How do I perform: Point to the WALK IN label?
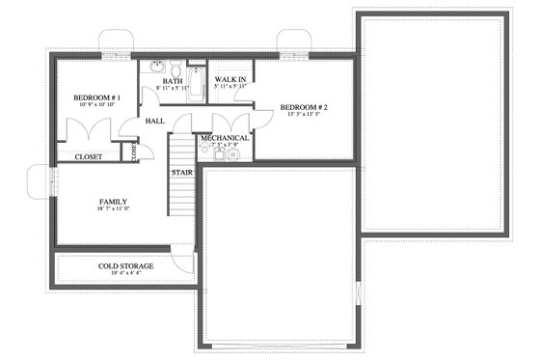pos(229,77)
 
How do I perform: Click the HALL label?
pos(154,122)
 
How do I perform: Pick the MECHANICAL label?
pos(225,138)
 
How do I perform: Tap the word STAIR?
pos(181,173)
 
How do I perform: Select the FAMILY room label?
pos(113,202)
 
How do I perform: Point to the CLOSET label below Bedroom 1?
pos(88,155)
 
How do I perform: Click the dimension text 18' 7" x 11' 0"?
pos(113,210)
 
